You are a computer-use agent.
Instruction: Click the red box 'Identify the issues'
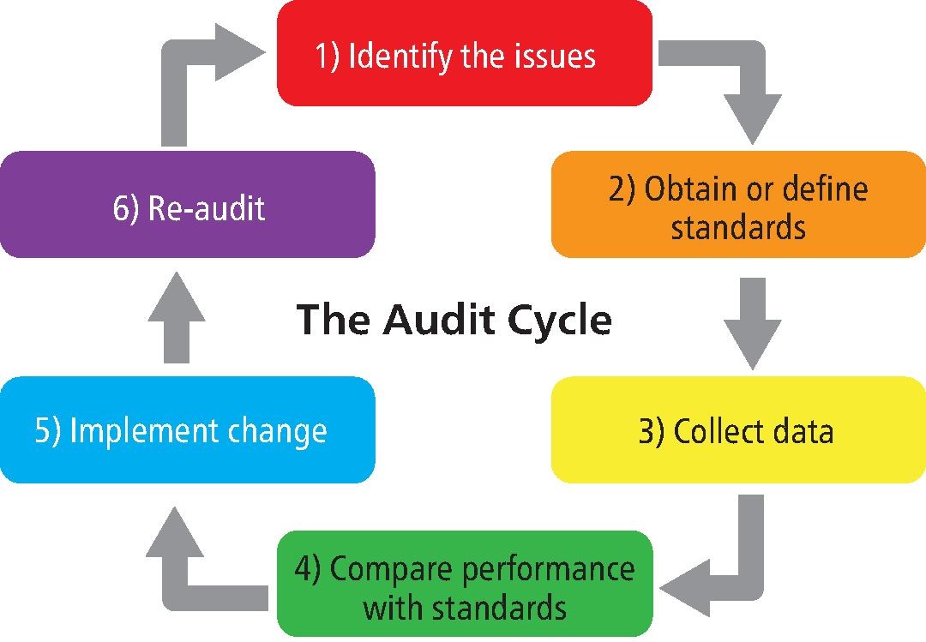pos(464,53)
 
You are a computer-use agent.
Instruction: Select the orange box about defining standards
pos(737,204)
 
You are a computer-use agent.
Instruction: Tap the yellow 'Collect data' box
pos(737,429)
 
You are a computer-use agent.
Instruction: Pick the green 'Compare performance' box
pos(464,584)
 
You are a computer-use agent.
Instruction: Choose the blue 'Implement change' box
pos(187,429)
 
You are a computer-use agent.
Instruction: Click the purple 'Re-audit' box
pos(187,204)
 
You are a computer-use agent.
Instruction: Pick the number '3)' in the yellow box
pos(652,431)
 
